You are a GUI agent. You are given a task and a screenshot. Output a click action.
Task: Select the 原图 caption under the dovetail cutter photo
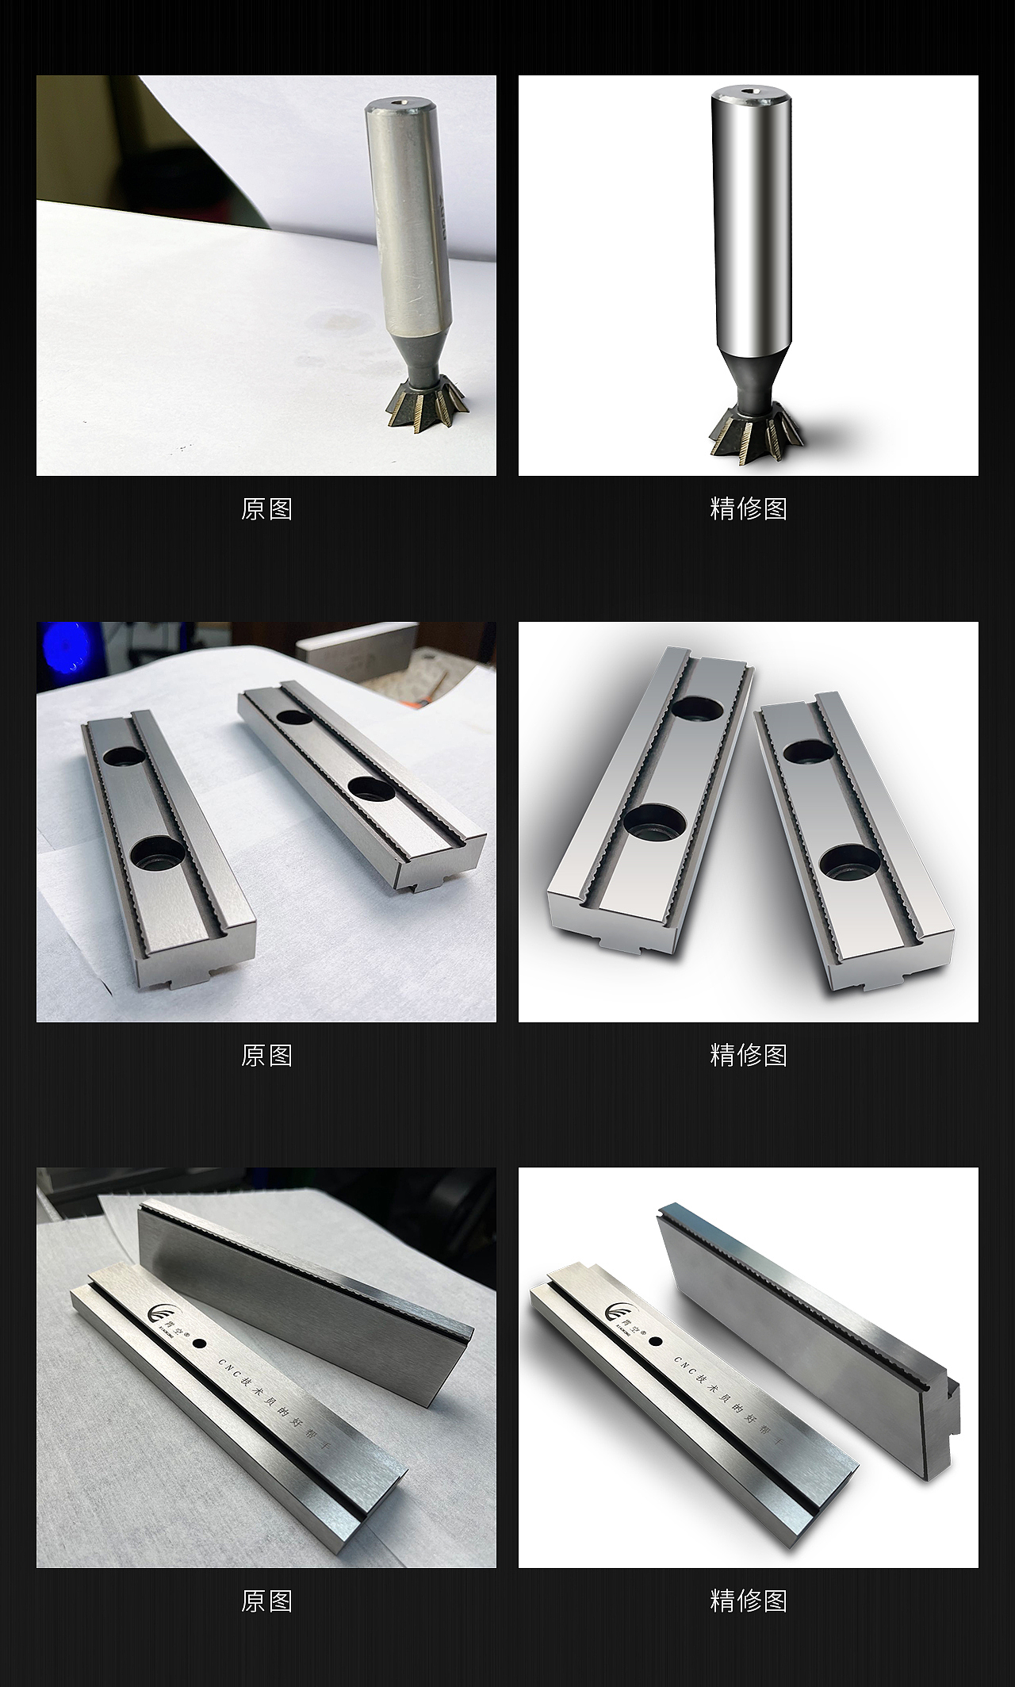(x=266, y=509)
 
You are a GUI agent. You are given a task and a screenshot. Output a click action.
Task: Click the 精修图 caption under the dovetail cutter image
(x=748, y=509)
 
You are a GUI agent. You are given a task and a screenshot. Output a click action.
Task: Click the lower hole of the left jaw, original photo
(x=156, y=853)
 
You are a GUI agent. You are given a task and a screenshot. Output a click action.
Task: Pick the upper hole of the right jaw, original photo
(x=295, y=718)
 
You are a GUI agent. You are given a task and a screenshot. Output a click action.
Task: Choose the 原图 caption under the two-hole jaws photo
(x=266, y=1056)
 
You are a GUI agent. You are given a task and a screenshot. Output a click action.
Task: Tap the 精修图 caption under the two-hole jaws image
(x=748, y=1056)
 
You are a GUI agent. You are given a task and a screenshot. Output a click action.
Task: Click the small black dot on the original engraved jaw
(x=198, y=1344)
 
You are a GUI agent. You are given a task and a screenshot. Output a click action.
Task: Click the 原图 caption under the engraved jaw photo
(x=266, y=1601)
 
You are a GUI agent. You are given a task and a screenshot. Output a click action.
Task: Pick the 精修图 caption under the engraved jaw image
(x=748, y=1601)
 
